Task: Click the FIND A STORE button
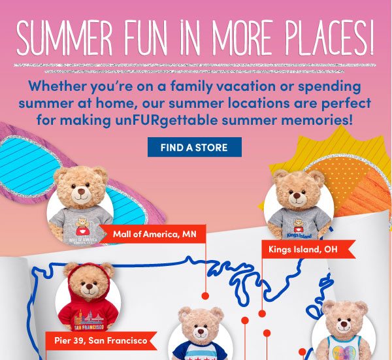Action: point(195,147)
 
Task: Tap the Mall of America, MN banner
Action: point(153,234)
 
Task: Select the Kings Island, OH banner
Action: point(308,249)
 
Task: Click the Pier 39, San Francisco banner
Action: point(101,340)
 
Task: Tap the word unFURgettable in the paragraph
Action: point(167,120)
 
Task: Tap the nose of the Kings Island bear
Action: point(297,195)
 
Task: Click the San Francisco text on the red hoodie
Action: point(90,327)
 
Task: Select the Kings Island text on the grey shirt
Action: point(299,235)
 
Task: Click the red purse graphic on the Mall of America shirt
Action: point(80,231)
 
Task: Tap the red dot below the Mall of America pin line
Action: point(205,296)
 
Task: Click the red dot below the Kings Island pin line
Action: point(262,314)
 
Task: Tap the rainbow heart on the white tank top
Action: point(344,353)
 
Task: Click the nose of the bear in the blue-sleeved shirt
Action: point(201,331)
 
